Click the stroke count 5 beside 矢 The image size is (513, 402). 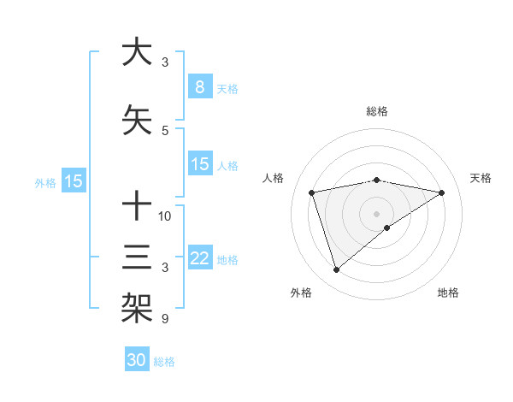coord(165,131)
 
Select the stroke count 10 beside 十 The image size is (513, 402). coord(165,216)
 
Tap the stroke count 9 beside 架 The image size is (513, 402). coord(165,319)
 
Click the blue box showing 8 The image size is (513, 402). coord(199,87)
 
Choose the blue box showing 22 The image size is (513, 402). coord(199,258)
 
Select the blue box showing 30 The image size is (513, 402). coord(137,360)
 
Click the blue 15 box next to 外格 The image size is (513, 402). coord(73,181)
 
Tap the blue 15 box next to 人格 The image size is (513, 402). coord(199,164)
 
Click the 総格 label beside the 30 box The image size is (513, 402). coord(164,362)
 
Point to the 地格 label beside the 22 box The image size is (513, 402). coord(227,260)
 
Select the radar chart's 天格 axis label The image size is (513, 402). coord(481,178)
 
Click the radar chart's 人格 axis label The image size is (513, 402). coord(274,178)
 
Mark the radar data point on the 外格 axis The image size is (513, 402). coord(336,270)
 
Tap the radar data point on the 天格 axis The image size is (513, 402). coord(442,192)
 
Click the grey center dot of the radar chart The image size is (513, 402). coord(377,214)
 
